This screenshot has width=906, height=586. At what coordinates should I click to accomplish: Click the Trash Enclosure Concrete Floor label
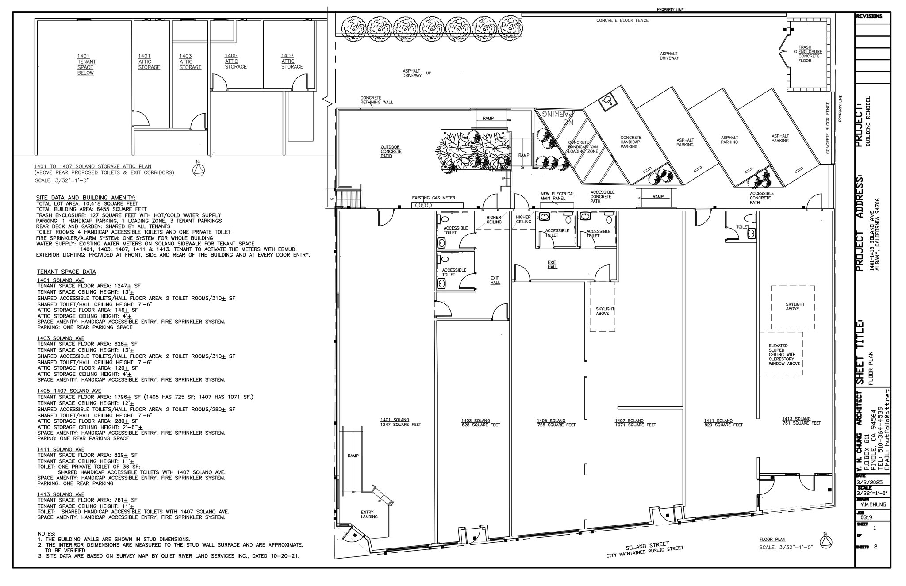(810, 54)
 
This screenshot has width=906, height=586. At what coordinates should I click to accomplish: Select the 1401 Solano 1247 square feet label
(395, 422)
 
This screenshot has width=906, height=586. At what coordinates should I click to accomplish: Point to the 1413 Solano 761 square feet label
(801, 421)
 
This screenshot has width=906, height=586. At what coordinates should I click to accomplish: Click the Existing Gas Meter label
(433, 198)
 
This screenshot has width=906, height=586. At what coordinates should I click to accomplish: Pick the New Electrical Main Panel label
(557, 196)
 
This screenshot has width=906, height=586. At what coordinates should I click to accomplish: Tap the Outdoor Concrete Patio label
(391, 151)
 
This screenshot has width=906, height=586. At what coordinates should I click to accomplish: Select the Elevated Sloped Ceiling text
(784, 355)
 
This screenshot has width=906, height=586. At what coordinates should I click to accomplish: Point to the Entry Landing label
(369, 514)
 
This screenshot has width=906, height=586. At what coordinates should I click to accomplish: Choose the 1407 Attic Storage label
(292, 61)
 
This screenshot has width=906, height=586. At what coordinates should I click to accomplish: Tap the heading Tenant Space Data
(66, 272)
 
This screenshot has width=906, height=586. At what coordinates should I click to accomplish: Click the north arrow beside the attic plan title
(198, 170)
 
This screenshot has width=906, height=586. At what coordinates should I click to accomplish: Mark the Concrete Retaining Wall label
(376, 100)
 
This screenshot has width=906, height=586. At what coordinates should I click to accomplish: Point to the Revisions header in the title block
(869, 16)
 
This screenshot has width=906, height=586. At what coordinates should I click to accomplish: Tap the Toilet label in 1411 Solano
(742, 227)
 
